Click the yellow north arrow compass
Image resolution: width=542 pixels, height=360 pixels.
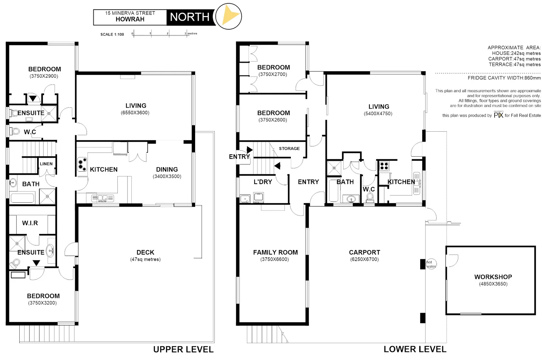click(229, 16)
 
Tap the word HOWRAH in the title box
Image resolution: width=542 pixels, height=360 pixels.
click(130, 19)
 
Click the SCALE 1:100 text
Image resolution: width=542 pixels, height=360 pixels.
click(112, 34)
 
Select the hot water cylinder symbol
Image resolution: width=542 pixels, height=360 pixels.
click(431, 264)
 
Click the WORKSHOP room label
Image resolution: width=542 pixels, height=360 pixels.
click(493, 277)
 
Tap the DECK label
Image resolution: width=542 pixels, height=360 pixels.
click(145, 252)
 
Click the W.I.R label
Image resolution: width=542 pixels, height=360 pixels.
click(30, 223)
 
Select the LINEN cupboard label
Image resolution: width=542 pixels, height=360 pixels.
click(46, 164)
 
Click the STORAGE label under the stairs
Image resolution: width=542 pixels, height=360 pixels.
click(289, 149)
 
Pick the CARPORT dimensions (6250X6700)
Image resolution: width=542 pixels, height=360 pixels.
click(364, 259)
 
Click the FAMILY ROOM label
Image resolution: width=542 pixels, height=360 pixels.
click(275, 252)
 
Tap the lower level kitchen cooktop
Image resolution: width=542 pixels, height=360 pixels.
click(384, 166)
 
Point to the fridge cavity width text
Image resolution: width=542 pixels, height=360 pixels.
click(504, 78)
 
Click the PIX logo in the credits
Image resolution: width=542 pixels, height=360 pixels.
click(498, 115)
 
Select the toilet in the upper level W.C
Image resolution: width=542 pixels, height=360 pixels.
click(15, 131)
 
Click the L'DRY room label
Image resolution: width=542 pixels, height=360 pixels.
click(263, 182)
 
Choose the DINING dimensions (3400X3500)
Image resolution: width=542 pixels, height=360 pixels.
click(167, 176)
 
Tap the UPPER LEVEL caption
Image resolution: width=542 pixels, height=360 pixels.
click(183, 349)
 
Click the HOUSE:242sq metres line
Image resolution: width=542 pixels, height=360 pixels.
click(516, 53)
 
